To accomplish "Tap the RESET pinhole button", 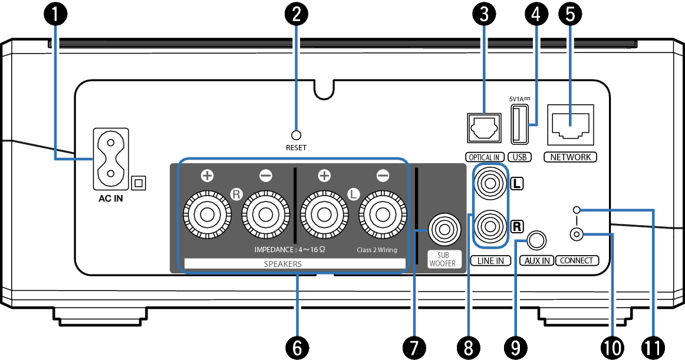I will click(x=297, y=135).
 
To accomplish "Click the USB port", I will click(x=519, y=124).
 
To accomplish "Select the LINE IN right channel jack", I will click(x=490, y=226).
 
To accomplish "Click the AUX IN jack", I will click(x=536, y=240).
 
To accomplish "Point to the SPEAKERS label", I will click(x=282, y=264).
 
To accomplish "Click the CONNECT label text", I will click(x=577, y=260).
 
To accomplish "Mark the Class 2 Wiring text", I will click(x=377, y=250).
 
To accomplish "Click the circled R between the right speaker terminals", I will click(x=236, y=193).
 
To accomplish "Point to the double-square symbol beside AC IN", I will click(x=139, y=183).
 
